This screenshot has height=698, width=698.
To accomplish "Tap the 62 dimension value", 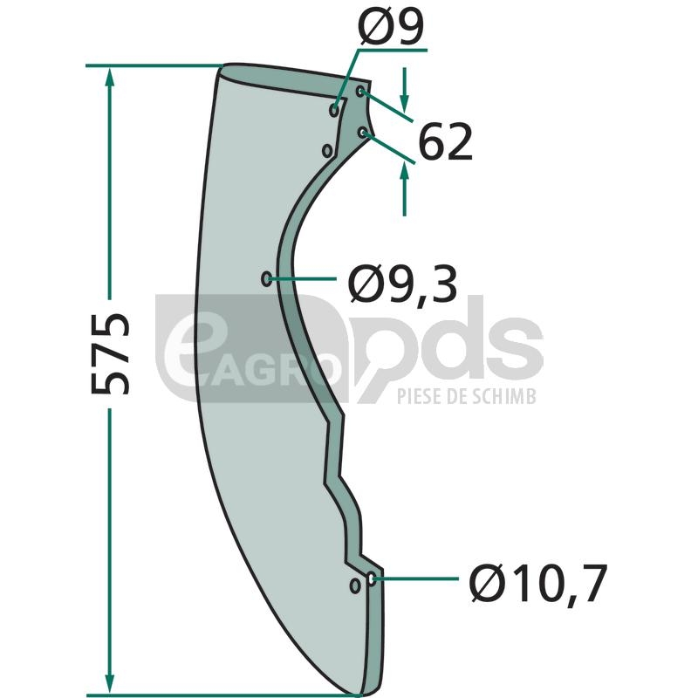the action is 445,143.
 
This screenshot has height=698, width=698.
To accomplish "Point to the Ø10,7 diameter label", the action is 537,583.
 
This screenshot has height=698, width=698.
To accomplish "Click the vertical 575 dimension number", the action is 110,353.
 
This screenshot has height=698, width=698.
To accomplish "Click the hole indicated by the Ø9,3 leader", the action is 266,279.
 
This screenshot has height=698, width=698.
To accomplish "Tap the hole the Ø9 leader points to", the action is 334,109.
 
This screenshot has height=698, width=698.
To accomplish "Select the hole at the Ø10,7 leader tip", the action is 371,578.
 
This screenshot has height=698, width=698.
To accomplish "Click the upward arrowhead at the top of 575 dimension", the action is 110,77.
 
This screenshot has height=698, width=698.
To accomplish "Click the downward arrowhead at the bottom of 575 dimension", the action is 110,683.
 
